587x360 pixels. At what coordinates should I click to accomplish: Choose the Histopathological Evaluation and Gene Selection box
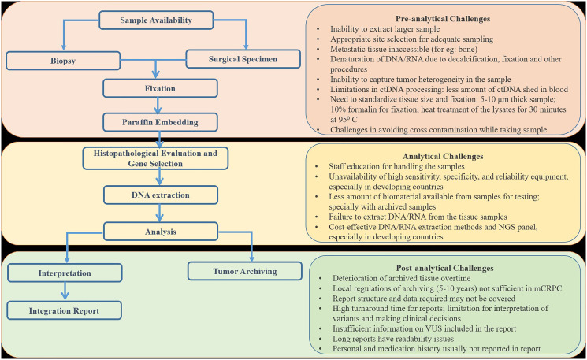tap(159, 158)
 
